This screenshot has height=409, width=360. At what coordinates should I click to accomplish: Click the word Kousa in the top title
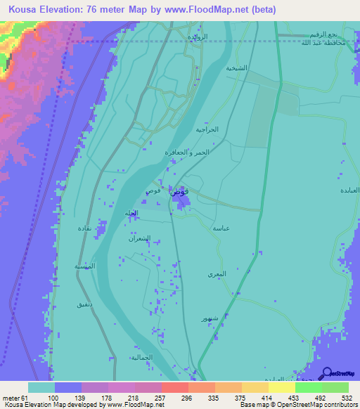[24, 9]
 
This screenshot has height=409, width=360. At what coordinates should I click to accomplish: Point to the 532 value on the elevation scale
[347, 398]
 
